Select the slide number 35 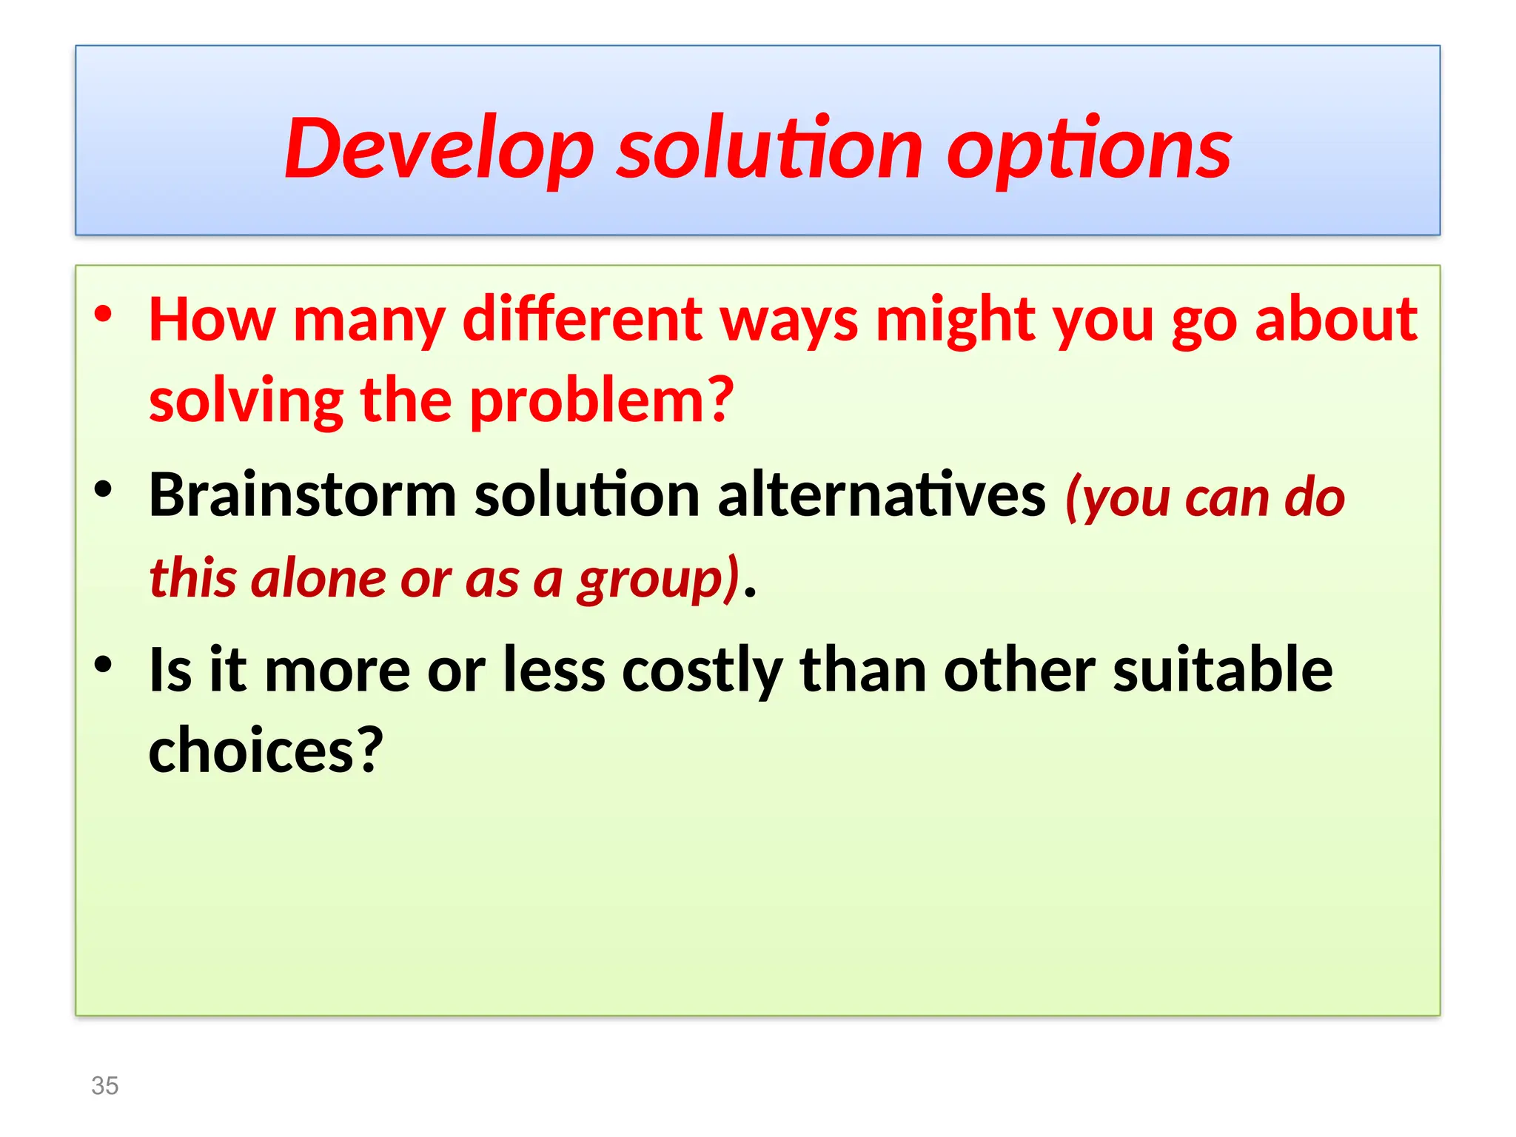point(104,1085)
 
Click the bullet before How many point(103,314)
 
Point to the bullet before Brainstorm point(103,489)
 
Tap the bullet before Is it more point(103,664)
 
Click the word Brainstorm point(302,494)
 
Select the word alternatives point(881,494)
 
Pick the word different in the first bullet point(583,320)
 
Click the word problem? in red point(602,401)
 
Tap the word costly point(702,671)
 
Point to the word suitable point(1222,669)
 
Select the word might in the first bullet point(956,320)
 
